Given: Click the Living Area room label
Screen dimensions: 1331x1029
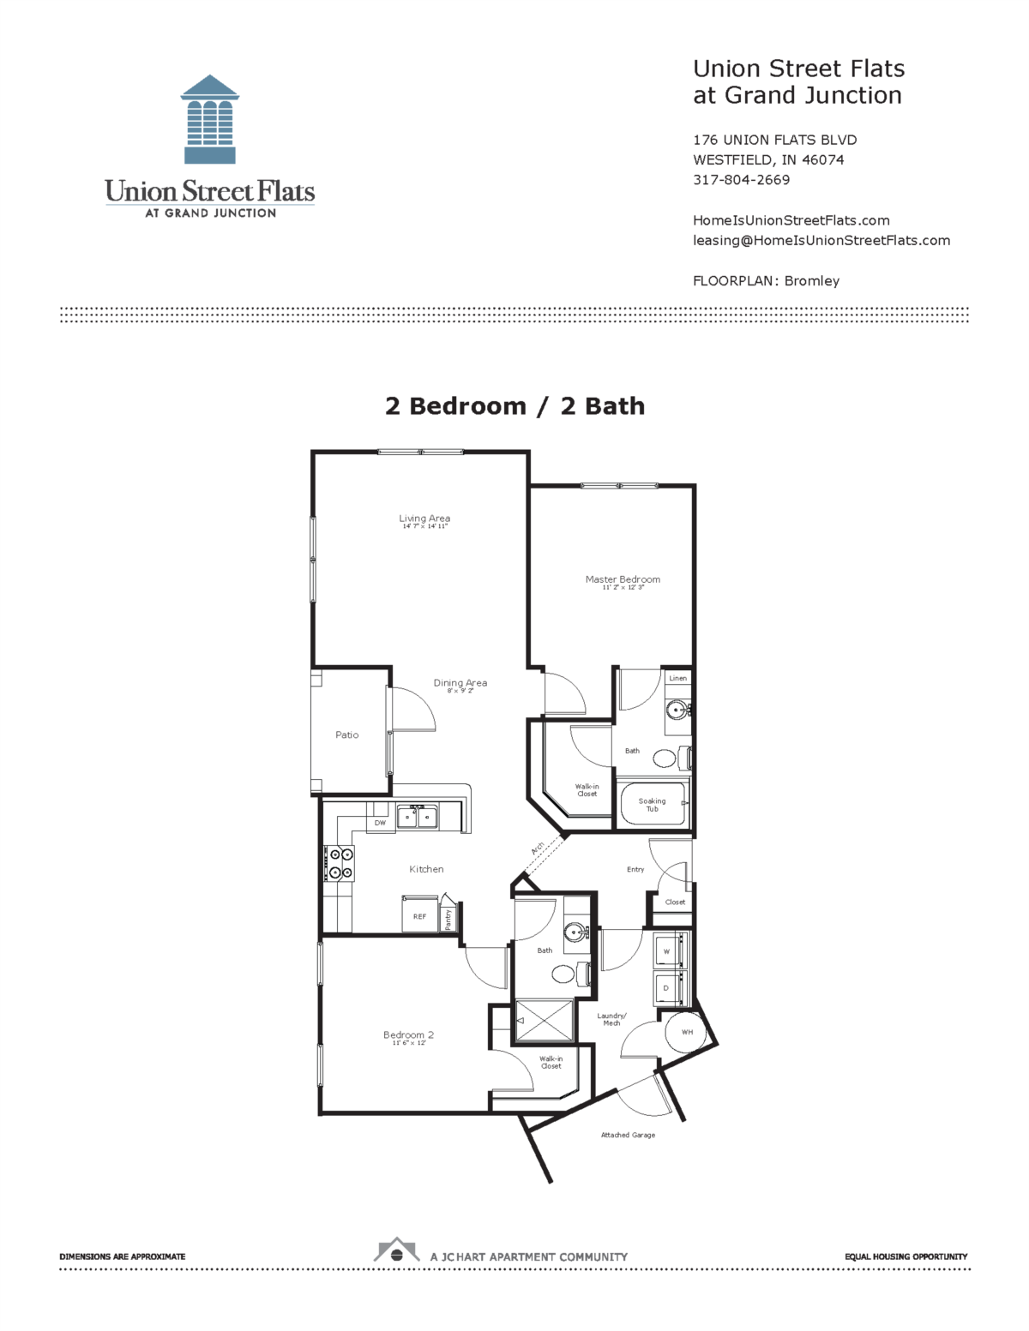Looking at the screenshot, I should tap(424, 519).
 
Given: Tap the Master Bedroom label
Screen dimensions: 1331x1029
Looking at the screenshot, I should tap(623, 580).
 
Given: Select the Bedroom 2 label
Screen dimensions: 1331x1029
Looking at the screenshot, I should tap(408, 1035).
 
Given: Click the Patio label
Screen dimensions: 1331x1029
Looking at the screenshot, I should tap(347, 735).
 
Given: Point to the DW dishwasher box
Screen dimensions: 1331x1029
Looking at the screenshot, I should tap(380, 823).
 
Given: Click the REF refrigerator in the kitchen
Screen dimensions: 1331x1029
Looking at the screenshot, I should tap(419, 916).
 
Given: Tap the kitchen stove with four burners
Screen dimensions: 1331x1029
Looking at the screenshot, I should tap(339, 863).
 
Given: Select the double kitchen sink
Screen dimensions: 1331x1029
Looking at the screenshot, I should tap(417, 817).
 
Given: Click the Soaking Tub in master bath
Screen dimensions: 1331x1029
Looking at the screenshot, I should tap(653, 804).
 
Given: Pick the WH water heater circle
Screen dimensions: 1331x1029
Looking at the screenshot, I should tap(687, 1032).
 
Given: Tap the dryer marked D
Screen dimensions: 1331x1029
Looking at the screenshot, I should tap(667, 988).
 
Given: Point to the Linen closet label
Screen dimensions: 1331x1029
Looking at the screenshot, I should tap(677, 678).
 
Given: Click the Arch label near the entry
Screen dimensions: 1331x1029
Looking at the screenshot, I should tap(538, 848).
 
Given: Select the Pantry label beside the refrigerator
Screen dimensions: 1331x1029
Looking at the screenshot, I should tap(448, 919).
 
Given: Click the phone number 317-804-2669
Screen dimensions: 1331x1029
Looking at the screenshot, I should tap(741, 180).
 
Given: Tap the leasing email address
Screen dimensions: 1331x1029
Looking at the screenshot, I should tap(821, 241).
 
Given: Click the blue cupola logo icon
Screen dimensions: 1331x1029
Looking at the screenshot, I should tap(210, 119).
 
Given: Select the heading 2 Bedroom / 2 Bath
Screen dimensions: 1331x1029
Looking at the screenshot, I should tap(514, 406).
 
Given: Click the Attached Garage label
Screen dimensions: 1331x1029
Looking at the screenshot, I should tap(628, 1135).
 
